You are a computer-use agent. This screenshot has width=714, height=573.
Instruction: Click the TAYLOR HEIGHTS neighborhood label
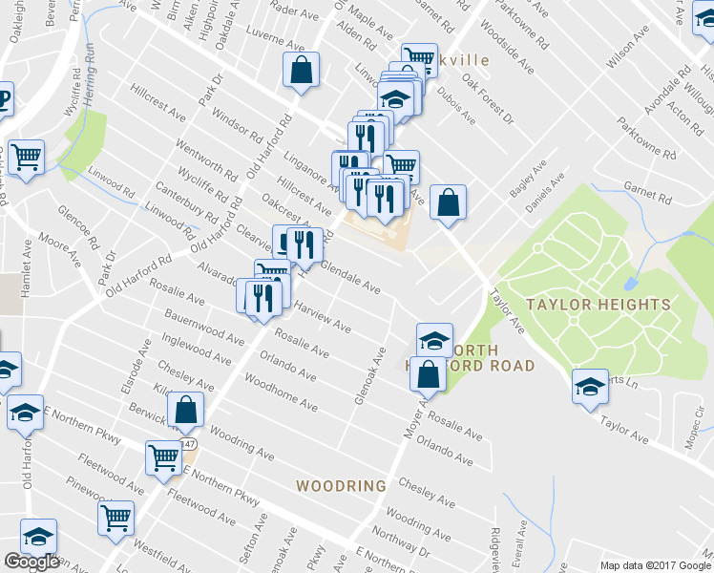click(598, 305)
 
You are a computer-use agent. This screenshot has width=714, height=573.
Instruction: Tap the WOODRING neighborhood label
click(341, 485)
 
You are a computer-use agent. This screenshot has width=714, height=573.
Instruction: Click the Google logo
click(31, 562)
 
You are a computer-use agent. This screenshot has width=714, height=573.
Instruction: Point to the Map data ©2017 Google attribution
click(655, 565)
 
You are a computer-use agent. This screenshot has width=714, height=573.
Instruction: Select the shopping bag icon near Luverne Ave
click(301, 70)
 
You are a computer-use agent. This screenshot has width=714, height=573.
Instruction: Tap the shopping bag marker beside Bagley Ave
click(448, 202)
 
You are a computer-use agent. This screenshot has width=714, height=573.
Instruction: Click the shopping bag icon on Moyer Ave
click(428, 374)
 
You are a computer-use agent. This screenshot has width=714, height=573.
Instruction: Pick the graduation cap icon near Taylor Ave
click(590, 386)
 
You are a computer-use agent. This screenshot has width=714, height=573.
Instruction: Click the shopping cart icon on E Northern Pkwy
click(164, 457)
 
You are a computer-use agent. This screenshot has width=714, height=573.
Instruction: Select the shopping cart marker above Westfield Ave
click(116, 519)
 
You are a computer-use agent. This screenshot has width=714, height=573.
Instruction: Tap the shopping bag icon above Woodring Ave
click(186, 411)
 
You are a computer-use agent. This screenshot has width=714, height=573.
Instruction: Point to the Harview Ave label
click(323, 319)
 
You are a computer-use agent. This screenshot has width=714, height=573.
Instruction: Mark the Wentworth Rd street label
click(207, 159)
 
